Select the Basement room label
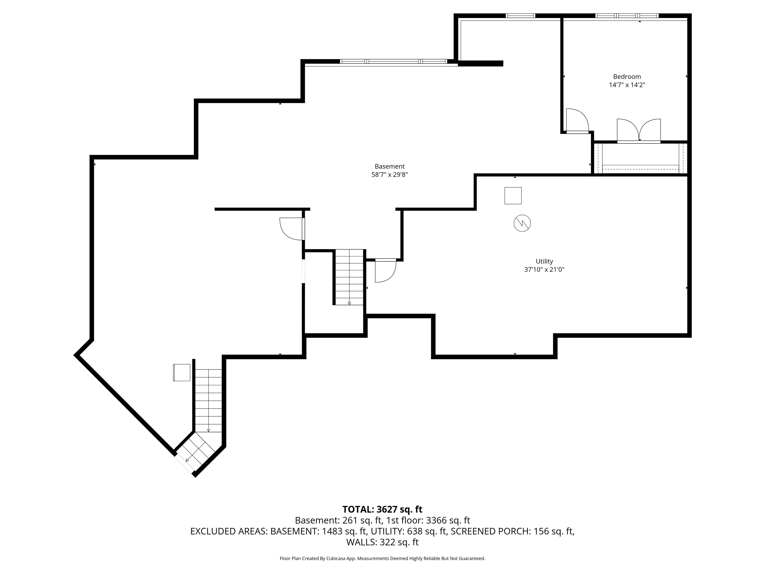[389, 166]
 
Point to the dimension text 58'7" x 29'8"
[389, 175]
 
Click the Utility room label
[544, 262]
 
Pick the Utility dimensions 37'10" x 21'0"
[544, 270]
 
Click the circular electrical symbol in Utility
[522, 223]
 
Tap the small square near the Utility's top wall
[513, 196]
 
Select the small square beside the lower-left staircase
[182, 373]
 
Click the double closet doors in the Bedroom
[639, 131]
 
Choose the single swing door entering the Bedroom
[577, 121]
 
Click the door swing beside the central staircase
[385, 271]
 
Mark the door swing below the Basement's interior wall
[292, 229]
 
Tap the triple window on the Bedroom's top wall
[627, 15]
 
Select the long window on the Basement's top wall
[393, 62]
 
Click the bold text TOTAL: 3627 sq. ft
[382, 509]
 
